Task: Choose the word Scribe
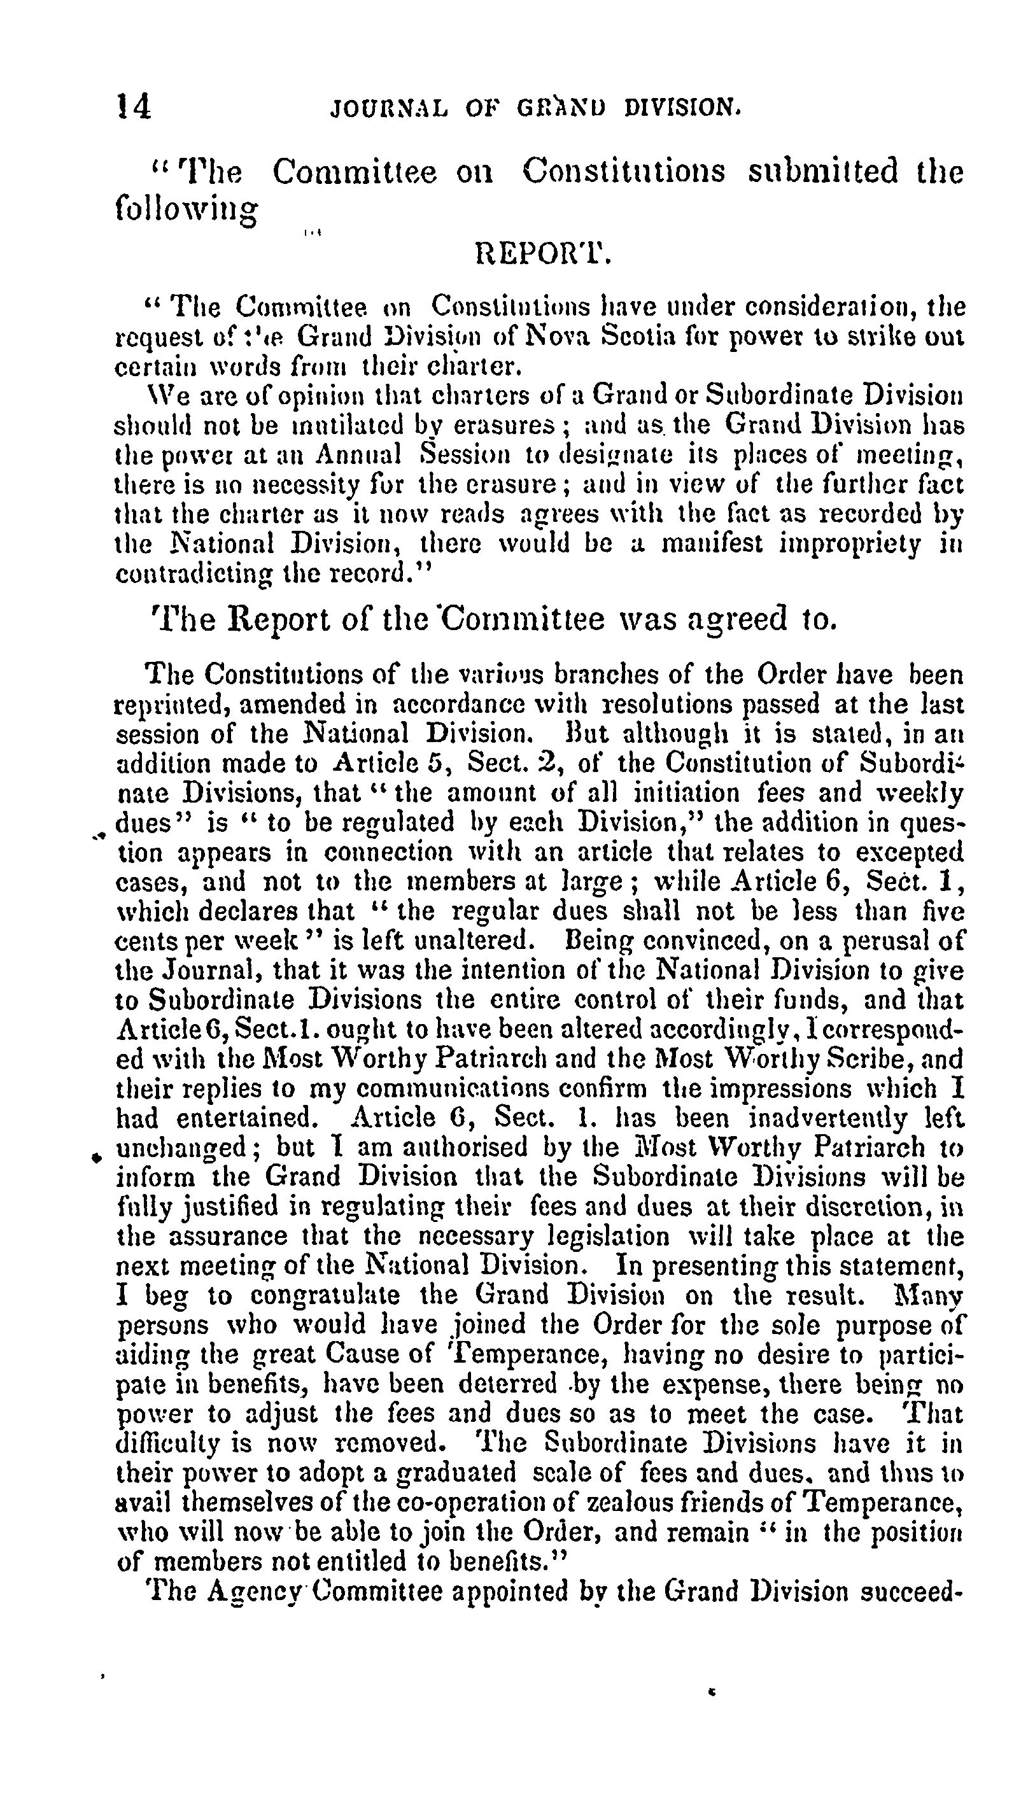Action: click(x=870, y=1060)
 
